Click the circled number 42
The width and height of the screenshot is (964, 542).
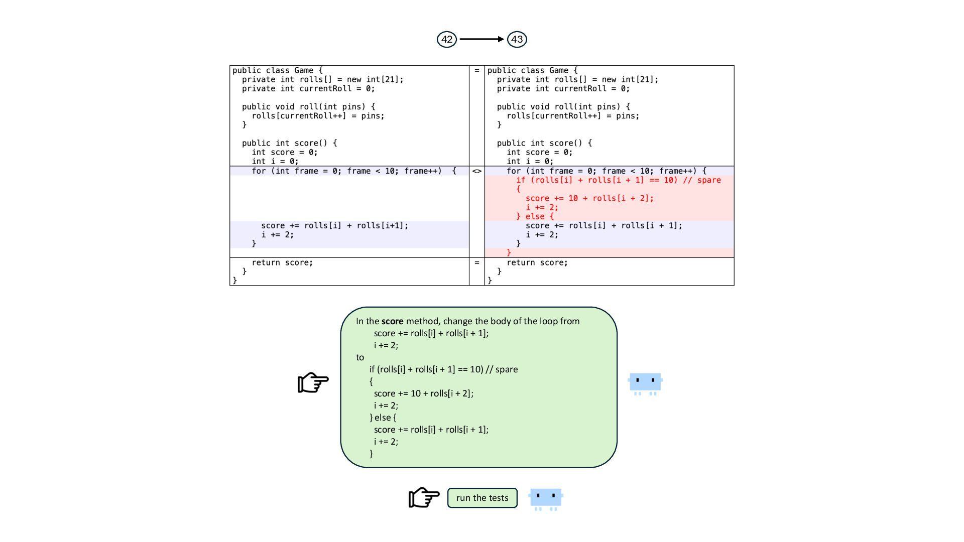coord(446,39)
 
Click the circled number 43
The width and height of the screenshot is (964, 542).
coord(517,39)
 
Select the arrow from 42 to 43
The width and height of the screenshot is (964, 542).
coord(481,39)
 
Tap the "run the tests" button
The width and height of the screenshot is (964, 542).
coord(482,498)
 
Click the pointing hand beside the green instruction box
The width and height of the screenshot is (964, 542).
coord(313,382)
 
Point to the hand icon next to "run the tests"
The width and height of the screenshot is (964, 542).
coord(424,497)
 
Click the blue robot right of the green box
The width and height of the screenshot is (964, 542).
coord(645,383)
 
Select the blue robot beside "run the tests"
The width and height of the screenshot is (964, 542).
coord(546,498)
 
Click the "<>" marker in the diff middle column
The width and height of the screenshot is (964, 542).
coord(476,171)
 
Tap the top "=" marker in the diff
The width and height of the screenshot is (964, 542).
coord(476,70)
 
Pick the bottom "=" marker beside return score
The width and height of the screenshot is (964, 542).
coord(476,262)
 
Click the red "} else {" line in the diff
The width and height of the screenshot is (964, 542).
coord(535,216)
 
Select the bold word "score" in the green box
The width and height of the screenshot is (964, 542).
coord(392,321)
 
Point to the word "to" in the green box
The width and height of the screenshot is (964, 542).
coord(360,357)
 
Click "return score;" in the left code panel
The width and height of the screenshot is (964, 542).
coord(282,262)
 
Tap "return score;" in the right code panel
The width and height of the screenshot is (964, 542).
coord(537,262)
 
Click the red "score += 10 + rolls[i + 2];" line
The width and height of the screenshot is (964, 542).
coord(589,198)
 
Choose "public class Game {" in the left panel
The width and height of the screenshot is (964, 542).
coord(278,70)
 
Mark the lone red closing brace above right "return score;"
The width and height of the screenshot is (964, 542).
coord(509,252)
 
